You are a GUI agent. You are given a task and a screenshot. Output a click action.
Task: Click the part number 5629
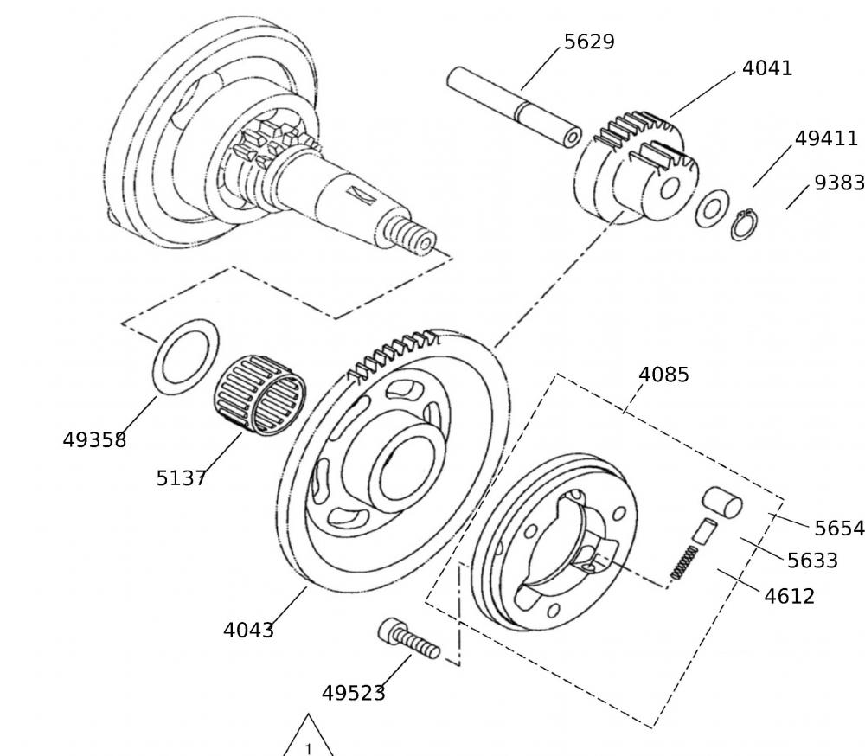(x=589, y=42)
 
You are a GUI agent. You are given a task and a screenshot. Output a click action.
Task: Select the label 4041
(x=767, y=68)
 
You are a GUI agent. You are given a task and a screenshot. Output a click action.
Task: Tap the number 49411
(x=826, y=138)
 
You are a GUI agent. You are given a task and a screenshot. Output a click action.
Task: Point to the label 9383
(x=839, y=183)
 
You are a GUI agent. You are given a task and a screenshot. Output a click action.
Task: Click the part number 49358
(x=94, y=439)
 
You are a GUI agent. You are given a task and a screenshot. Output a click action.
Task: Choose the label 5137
(x=181, y=477)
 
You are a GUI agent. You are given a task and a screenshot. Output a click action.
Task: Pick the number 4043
(x=248, y=630)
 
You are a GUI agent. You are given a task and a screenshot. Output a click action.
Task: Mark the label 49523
(x=353, y=693)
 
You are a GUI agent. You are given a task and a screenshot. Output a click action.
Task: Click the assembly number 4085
(x=663, y=375)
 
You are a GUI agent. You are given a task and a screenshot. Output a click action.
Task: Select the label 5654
(x=839, y=528)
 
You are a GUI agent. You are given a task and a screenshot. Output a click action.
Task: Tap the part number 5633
(x=812, y=561)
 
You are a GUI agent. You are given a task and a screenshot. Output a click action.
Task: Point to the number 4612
(x=789, y=596)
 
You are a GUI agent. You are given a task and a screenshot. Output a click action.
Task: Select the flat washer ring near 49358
(x=186, y=356)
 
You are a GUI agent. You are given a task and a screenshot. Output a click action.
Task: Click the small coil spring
(x=684, y=562)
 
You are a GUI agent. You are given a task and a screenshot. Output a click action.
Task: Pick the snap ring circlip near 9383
(x=741, y=226)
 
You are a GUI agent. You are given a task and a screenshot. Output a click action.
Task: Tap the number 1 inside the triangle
(x=308, y=748)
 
